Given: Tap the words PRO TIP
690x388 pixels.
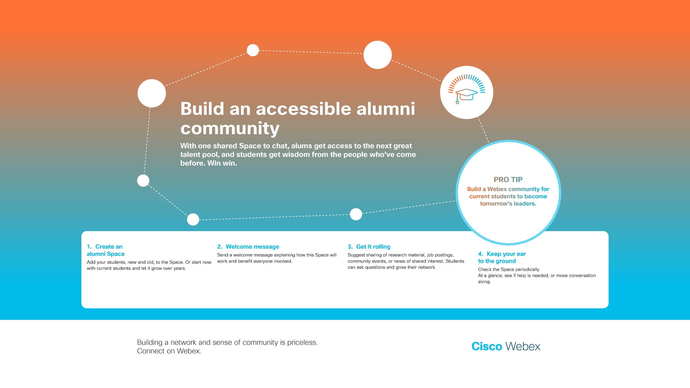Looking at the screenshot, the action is pos(508,180).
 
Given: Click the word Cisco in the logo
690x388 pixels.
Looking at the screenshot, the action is pos(486,346).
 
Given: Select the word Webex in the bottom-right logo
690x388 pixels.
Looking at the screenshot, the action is pos(523,346).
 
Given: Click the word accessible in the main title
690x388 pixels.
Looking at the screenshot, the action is pos(303,109).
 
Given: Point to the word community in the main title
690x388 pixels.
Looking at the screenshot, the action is pos(230,128).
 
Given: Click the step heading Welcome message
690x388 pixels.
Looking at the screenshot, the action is pos(252,247).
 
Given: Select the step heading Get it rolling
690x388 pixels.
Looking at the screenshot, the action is pos(373,247).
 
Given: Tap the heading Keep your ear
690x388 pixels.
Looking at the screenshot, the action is pos(506,254).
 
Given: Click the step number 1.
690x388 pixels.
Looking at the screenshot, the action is pos(89,247).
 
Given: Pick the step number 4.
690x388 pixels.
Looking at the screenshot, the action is pos(481,254).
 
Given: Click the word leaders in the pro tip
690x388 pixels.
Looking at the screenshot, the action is pos(525,203).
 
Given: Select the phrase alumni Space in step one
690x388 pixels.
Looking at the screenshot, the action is pos(106,254).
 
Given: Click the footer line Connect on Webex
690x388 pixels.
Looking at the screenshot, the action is pos(169,351).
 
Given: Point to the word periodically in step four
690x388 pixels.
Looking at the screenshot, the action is pos(528,269).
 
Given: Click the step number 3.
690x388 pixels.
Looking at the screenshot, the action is pos(350,247).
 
